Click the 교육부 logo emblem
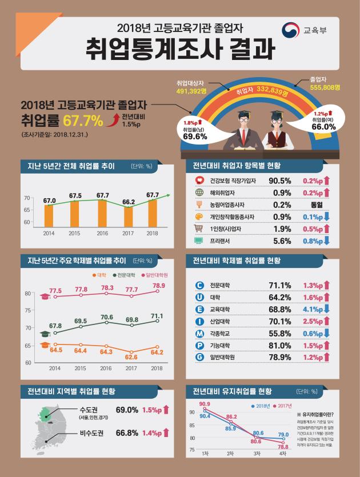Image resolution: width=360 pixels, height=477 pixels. coord(292,30)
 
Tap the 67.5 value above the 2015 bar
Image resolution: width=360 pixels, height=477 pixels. coord(75,196)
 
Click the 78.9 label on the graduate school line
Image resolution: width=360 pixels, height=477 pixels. coord(159,286)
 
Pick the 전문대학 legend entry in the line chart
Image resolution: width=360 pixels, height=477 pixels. coord(126,276)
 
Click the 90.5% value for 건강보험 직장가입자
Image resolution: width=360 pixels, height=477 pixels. coord(281,181)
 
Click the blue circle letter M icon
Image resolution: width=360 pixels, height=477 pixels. coord(199,333)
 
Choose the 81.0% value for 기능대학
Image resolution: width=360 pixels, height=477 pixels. coord(281,346)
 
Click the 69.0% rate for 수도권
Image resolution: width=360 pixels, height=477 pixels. coord(127,410)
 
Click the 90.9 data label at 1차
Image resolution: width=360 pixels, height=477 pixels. coord(205,404)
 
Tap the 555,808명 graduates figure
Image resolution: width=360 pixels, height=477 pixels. coord(325,87)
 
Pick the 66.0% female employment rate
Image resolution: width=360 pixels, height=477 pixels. coord(323,127)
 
